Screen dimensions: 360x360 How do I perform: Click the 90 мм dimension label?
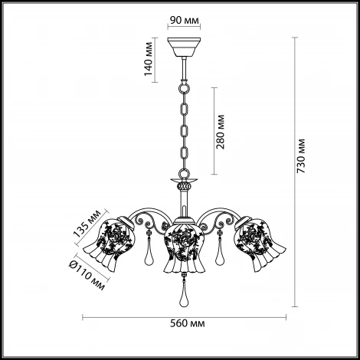click(x=185, y=21)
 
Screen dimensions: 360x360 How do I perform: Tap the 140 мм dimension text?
click(x=149, y=59)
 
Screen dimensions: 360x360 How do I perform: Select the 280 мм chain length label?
click(x=220, y=132)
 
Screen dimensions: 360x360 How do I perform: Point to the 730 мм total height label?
click(x=301, y=156)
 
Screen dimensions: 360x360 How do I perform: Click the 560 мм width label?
click(x=188, y=324)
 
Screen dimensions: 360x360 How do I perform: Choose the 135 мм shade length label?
click(x=87, y=223)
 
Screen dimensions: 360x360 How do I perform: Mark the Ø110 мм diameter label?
click(x=87, y=276)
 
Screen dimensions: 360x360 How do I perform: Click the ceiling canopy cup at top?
click(x=184, y=47)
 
